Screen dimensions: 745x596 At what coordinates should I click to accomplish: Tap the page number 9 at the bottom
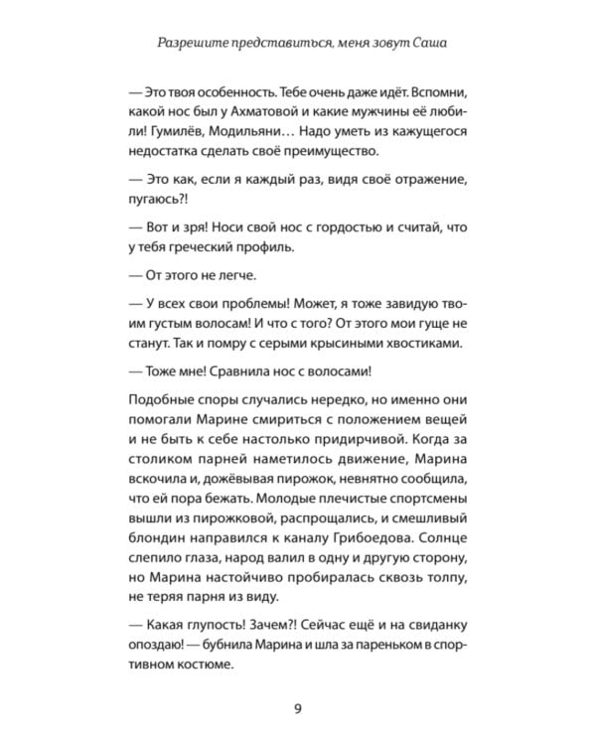297,706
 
